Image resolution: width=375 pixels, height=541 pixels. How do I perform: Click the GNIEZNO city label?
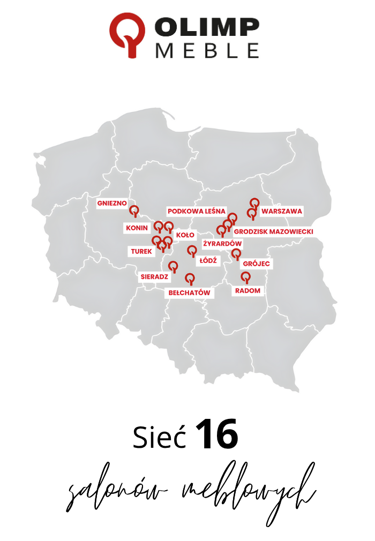click(111, 204)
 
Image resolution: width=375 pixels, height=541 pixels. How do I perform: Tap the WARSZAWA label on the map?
click(282, 211)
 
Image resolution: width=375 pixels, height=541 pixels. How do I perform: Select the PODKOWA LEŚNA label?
click(197, 211)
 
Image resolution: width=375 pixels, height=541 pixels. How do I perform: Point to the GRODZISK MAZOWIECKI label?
click(273, 231)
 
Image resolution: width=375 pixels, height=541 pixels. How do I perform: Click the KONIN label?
click(137, 228)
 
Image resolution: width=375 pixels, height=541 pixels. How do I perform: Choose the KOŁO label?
click(185, 235)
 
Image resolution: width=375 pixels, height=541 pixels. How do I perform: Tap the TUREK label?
click(141, 251)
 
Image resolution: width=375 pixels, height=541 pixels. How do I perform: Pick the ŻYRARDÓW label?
click(222, 244)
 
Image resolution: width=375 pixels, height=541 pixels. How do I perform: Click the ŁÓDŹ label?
click(207, 260)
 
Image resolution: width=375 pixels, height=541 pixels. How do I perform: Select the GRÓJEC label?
click(257, 264)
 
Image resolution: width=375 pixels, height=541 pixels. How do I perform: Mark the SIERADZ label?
click(154, 277)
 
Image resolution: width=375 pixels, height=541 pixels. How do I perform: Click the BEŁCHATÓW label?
click(189, 293)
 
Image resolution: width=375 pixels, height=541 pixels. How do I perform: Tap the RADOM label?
click(247, 290)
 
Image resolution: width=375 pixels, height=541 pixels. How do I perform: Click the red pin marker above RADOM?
click(245, 277)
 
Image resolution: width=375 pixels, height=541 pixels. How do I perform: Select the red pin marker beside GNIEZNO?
click(134, 210)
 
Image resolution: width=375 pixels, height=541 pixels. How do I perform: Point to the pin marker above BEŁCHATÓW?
click(189, 279)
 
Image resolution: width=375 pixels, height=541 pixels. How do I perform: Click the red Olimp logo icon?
click(127, 34)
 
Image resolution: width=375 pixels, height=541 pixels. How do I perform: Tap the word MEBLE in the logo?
click(207, 50)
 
